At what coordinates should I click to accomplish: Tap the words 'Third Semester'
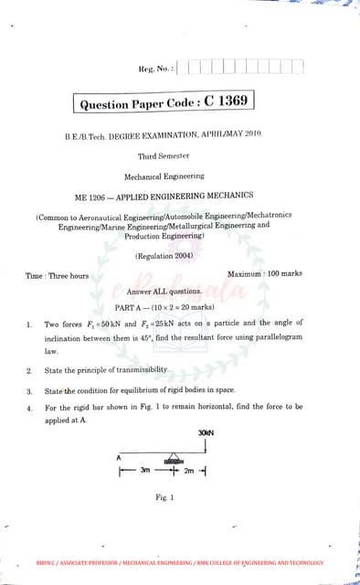[x=164, y=156]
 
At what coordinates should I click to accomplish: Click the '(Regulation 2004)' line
[x=164, y=256]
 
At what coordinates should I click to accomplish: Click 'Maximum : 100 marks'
[x=265, y=274]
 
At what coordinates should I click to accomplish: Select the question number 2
[x=30, y=370]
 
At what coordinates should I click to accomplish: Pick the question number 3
[x=30, y=390]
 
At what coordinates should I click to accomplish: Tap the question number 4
[x=30, y=408]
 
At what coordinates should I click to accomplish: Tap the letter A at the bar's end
[x=118, y=457]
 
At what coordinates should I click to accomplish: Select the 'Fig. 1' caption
[x=164, y=497]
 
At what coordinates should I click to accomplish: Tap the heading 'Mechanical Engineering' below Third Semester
[x=164, y=175]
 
